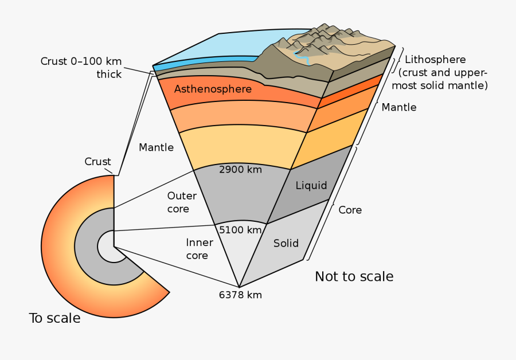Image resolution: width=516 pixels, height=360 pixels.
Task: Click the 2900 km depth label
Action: (x=240, y=170)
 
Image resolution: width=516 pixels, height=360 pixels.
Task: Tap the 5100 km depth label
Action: (x=240, y=230)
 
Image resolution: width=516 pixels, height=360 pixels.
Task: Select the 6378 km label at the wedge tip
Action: (x=240, y=295)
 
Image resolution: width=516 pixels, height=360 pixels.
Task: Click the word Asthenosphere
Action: (x=213, y=89)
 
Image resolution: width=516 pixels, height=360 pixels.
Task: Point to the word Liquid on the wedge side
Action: (x=311, y=185)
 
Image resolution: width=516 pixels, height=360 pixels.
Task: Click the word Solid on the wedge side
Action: (x=286, y=243)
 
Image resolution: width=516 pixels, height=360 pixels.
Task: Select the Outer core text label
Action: (x=182, y=202)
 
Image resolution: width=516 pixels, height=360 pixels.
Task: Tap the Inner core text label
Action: (x=199, y=249)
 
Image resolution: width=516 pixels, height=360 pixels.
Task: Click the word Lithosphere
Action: (x=435, y=60)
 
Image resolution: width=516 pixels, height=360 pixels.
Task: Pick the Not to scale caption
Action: (x=354, y=277)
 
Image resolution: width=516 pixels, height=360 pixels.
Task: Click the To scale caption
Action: (x=54, y=318)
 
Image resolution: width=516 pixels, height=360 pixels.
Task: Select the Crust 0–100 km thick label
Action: (x=81, y=67)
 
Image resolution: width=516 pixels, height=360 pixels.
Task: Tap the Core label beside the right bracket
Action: (x=350, y=210)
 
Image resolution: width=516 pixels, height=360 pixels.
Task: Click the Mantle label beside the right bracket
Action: (x=399, y=107)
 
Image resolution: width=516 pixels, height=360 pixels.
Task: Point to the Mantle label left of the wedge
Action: (x=156, y=147)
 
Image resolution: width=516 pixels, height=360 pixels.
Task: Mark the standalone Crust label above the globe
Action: (x=97, y=162)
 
